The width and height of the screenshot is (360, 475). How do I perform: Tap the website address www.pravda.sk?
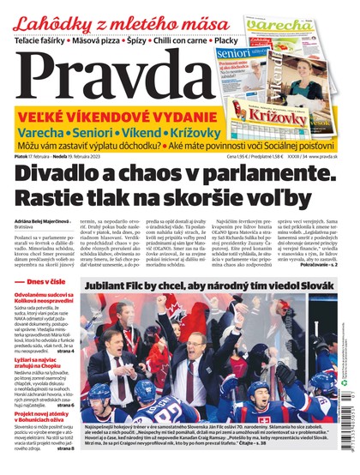329,156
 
